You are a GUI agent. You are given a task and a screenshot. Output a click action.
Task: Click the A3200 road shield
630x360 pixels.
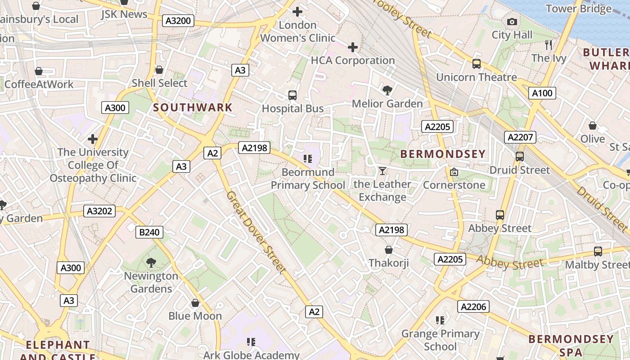(178, 21)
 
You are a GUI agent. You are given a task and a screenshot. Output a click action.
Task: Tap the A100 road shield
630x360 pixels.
(542, 93)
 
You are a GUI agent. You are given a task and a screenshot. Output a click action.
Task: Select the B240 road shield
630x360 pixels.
(149, 232)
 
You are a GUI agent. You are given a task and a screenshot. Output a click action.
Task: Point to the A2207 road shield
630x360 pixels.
(520, 137)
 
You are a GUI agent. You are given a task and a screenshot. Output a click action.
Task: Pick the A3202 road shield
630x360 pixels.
(99, 211)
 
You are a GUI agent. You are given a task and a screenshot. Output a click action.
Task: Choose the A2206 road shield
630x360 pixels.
(473, 306)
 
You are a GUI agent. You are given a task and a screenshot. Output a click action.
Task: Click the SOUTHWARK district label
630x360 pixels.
(193, 108)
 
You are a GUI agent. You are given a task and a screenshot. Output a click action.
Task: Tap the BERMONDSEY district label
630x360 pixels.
(443, 154)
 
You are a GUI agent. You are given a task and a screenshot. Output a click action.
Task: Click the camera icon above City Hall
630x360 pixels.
(512, 22)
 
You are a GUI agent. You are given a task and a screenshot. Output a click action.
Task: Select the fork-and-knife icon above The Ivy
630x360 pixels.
(548, 45)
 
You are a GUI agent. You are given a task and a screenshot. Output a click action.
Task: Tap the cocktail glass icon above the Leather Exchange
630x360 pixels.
(382, 171)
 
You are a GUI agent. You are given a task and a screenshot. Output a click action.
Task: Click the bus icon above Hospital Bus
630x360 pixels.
(292, 95)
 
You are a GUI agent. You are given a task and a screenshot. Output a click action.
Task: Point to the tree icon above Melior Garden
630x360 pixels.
(387, 90)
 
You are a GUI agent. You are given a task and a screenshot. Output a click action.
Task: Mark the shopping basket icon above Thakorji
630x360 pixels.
(389, 249)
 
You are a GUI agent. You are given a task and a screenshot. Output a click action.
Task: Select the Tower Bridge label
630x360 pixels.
(578, 9)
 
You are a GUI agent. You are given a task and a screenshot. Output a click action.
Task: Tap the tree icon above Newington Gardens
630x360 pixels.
(151, 262)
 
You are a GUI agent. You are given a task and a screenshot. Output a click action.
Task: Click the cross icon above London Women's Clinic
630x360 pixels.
(297, 12)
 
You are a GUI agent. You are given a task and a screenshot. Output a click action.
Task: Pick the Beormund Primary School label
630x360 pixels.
(308, 179)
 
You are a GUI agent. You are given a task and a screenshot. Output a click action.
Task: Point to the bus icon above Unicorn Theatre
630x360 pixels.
(477, 64)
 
